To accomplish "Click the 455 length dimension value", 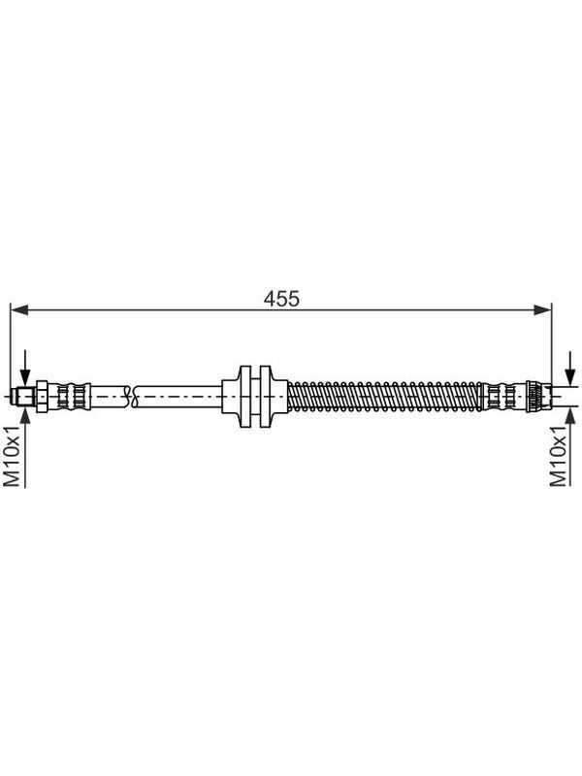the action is coord(281,299).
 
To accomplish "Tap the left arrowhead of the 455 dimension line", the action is coord(18,309).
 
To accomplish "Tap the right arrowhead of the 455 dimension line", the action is coord(542,309).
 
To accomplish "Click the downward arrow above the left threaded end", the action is coord(25,369).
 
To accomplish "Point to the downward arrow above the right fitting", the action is coord(571,369).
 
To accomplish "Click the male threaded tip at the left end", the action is coord(25,397).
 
